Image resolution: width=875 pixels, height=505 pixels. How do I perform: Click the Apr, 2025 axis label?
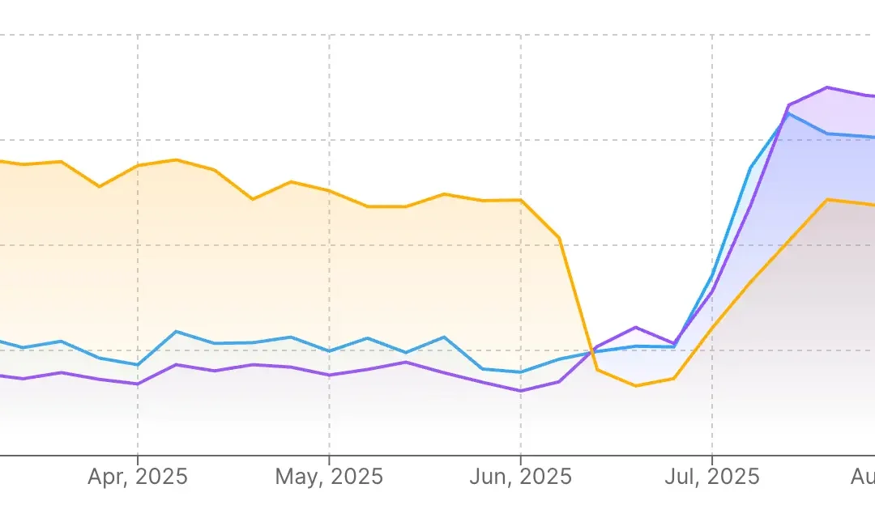137,476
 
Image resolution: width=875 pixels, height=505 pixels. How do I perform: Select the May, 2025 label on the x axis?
329,476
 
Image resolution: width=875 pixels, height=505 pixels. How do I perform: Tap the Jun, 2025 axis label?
520,476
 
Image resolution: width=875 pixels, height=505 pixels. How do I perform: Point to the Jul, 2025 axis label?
711,476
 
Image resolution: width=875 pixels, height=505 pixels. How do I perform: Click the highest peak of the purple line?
826,87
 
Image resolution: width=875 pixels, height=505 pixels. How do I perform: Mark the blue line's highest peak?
788,113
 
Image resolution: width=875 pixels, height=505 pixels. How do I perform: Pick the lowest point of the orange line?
635,385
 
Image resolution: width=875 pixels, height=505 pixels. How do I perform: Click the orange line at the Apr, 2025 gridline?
137,166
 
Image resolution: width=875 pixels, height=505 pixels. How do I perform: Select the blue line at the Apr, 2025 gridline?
137,365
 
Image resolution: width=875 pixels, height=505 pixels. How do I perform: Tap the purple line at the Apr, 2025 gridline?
137,384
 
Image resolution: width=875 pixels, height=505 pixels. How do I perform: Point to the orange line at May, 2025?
329,191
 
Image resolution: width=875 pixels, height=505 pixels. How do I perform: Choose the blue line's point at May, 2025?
329,351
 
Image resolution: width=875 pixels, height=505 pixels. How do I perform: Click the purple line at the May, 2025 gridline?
329,375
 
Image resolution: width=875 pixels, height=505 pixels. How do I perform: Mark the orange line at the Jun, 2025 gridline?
520,200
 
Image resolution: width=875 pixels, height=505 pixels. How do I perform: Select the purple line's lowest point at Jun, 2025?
520,391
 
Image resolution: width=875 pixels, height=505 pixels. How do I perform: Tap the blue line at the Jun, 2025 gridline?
520,372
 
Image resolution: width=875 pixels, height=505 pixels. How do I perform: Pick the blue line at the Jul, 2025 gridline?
711,276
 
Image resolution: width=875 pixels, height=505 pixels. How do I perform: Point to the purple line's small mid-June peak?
635,327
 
